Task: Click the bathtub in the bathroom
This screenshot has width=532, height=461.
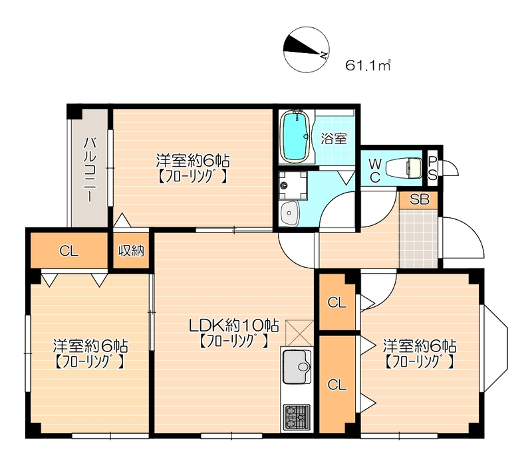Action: point(295,136)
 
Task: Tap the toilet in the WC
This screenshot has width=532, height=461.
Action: point(404,168)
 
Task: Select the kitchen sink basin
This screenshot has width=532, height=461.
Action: point(297,367)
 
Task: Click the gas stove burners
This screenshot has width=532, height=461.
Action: point(297,418)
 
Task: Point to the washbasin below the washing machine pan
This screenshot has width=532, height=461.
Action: point(289,213)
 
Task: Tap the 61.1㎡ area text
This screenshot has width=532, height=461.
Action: point(368,65)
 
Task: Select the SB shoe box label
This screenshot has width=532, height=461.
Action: point(420,199)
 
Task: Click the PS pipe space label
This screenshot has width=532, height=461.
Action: point(432,169)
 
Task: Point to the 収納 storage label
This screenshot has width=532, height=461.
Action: point(131,250)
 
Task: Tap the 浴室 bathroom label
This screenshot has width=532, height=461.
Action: point(334,138)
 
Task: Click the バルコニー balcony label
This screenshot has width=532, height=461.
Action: point(90,169)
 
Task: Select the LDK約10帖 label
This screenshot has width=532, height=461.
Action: point(234,325)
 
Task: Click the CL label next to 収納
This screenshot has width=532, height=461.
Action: point(69,251)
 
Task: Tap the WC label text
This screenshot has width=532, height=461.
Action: point(374,171)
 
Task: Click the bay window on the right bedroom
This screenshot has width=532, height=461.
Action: point(494,349)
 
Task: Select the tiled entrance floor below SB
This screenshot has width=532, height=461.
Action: point(419,238)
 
